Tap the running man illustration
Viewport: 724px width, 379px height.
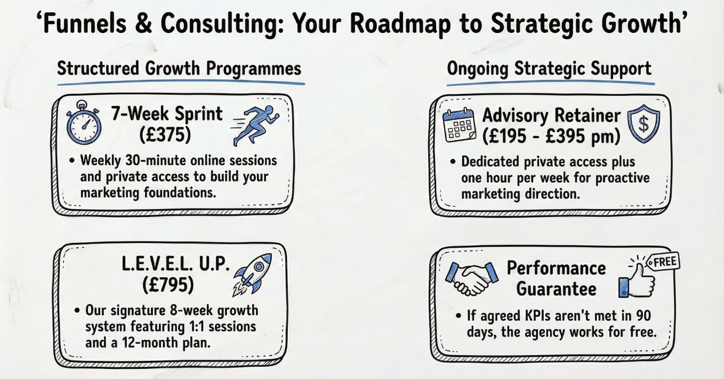tap(255, 125)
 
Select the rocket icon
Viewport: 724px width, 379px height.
tap(252, 275)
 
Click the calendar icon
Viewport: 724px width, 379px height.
tap(459, 125)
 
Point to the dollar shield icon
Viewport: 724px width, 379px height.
tap(643, 124)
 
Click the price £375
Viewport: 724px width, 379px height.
tap(165, 134)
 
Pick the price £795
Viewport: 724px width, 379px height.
tap(168, 285)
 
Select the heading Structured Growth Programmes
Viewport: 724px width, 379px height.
tap(179, 69)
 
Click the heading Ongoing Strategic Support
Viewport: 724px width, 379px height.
tap(549, 69)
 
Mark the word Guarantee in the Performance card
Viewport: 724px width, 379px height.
tap(557, 289)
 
